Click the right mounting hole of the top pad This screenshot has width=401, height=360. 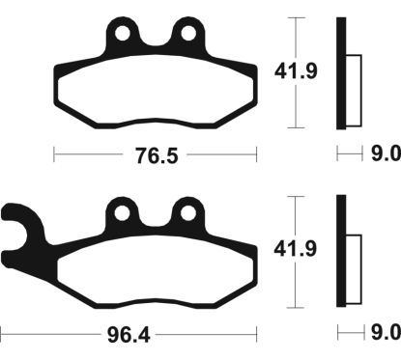[184, 36]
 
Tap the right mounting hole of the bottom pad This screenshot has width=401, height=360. [184, 212]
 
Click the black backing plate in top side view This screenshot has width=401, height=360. [340, 72]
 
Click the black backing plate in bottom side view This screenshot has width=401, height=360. [340, 251]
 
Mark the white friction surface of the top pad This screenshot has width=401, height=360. [155, 92]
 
